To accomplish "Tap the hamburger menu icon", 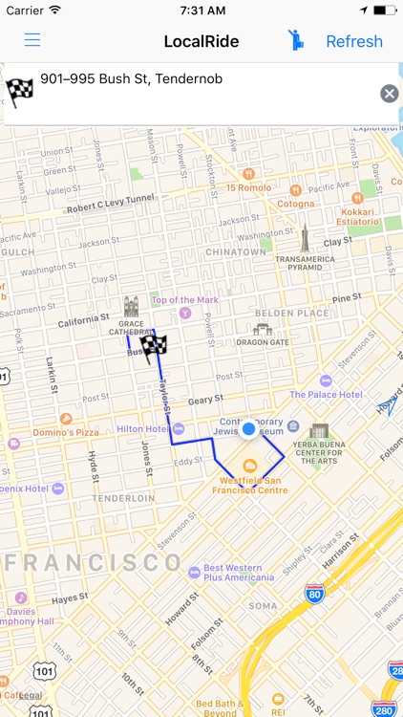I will [x=32, y=40].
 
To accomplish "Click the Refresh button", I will [x=353, y=41].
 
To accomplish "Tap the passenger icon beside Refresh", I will [x=296, y=40].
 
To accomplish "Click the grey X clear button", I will [x=389, y=93].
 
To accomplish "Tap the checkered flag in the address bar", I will [x=20, y=92].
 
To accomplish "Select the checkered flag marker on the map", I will [x=153, y=345].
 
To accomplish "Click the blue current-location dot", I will [x=249, y=429].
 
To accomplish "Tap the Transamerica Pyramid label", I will [x=305, y=263].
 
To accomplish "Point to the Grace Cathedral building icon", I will [x=131, y=307].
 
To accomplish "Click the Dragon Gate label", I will [x=263, y=341].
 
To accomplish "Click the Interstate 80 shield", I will [x=315, y=594].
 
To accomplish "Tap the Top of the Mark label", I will [x=185, y=300].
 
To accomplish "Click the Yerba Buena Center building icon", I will [x=319, y=430].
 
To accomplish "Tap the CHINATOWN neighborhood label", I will [x=235, y=252].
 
